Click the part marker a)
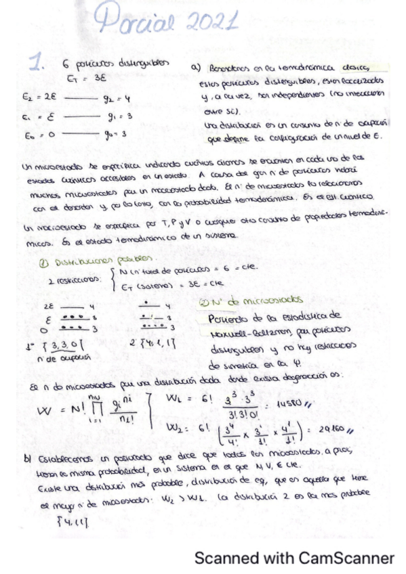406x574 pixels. [x=197, y=67]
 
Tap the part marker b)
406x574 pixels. [x=29, y=460]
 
